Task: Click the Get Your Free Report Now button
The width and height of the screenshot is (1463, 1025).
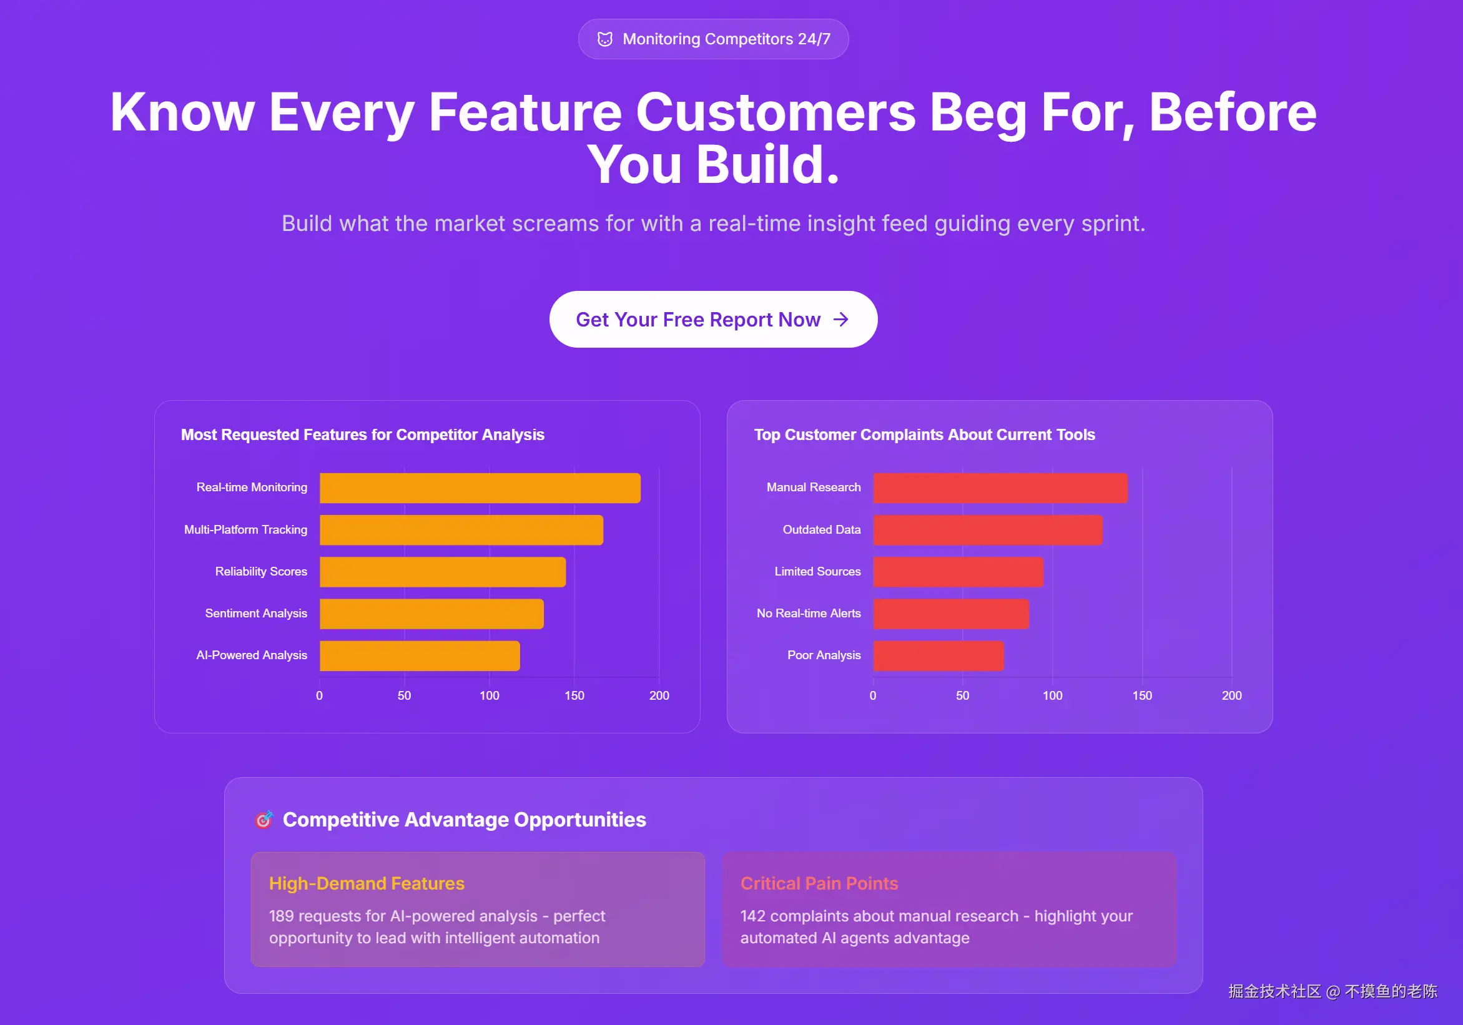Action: pyautogui.click(x=713, y=319)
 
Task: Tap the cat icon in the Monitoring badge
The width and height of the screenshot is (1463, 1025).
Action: pyautogui.click(x=604, y=39)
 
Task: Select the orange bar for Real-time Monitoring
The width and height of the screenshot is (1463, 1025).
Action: pyautogui.click(x=480, y=488)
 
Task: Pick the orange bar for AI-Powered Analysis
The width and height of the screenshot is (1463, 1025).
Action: pyautogui.click(x=420, y=655)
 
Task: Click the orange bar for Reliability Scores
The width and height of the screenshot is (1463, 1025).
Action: pyautogui.click(x=443, y=572)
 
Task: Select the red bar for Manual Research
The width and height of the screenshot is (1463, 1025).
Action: pyautogui.click(x=1000, y=488)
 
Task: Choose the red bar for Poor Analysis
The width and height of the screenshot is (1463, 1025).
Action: pyautogui.click(x=938, y=655)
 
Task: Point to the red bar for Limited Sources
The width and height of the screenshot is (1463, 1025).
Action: pyautogui.click(x=958, y=572)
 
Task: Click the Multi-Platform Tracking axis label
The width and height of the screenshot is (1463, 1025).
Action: pyautogui.click(x=245, y=529)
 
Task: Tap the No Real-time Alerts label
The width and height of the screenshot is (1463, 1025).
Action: pyautogui.click(x=809, y=614)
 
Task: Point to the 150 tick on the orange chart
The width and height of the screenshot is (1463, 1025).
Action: pyautogui.click(x=574, y=695)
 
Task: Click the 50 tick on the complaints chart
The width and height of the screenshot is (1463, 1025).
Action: pyautogui.click(x=962, y=695)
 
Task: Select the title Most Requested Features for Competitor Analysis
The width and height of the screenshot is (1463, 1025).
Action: pyautogui.click(x=363, y=434)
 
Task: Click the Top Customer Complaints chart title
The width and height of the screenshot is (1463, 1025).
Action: pyautogui.click(x=925, y=434)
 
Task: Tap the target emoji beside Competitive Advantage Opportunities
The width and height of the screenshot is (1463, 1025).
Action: pyautogui.click(x=264, y=819)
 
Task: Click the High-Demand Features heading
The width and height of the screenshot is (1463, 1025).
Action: pyautogui.click(x=367, y=883)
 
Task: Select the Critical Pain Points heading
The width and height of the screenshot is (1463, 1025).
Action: pyautogui.click(x=819, y=883)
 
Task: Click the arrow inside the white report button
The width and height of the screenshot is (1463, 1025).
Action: pyautogui.click(x=841, y=319)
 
